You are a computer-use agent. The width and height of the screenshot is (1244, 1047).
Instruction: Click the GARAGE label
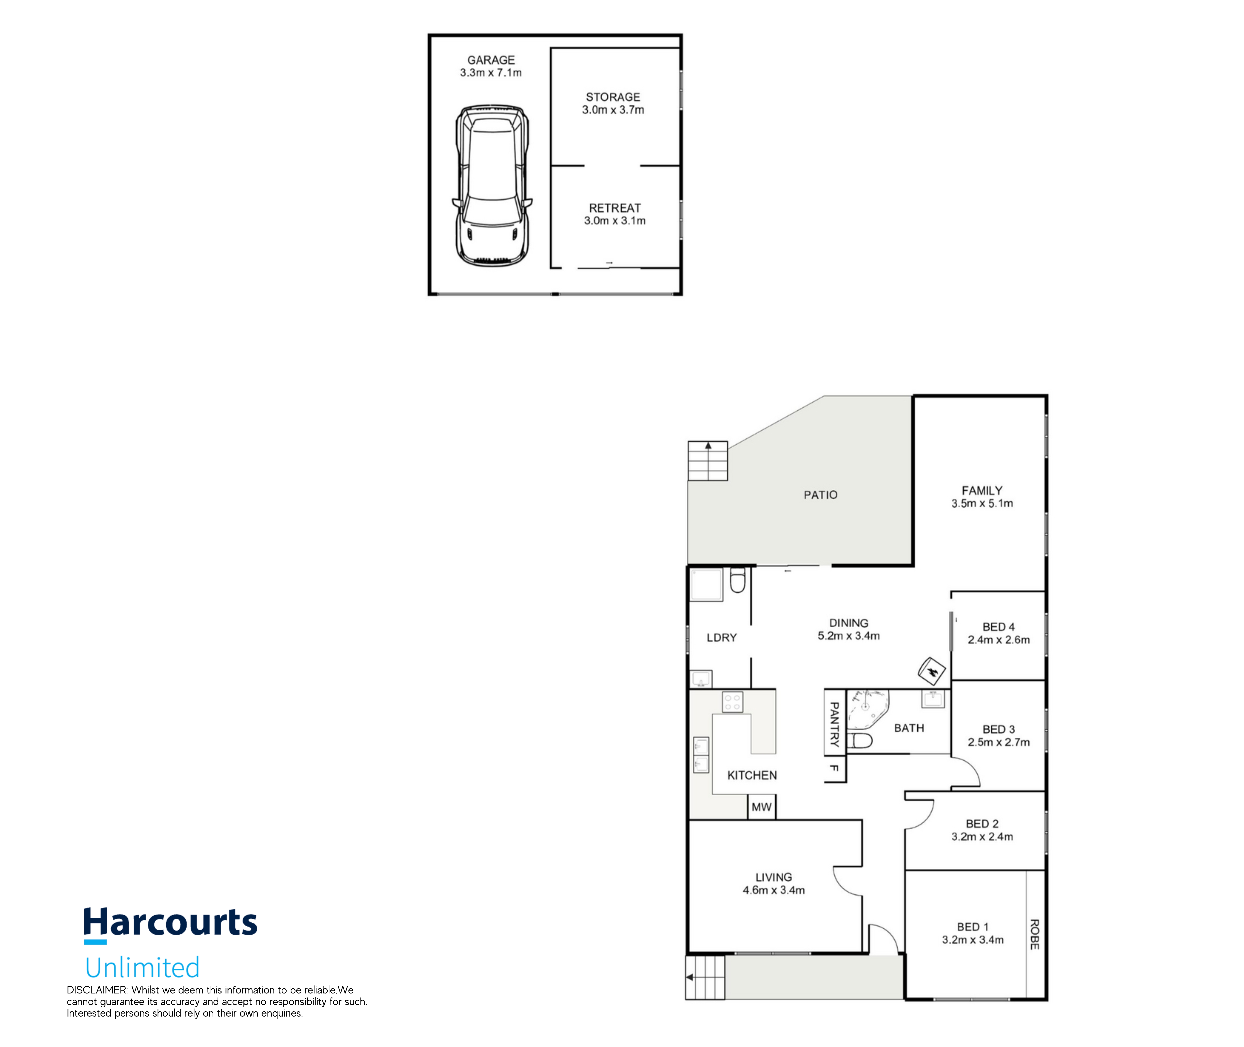click(x=491, y=60)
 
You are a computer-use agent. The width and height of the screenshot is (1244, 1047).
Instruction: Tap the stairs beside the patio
click(x=707, y=461)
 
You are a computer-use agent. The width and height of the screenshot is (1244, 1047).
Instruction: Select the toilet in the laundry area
click(x=737, y=581)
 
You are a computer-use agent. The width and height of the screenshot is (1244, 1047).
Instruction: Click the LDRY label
click(x=721, y=637)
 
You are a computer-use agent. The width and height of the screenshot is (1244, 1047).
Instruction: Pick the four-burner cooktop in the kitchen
click(x=732, y=702)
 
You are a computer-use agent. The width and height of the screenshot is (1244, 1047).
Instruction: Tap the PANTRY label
click(x=834, y=724)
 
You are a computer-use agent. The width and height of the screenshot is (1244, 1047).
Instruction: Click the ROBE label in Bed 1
click(x=1034, y=934)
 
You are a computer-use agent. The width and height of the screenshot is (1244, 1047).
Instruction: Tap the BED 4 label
click(x=998, y=627)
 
